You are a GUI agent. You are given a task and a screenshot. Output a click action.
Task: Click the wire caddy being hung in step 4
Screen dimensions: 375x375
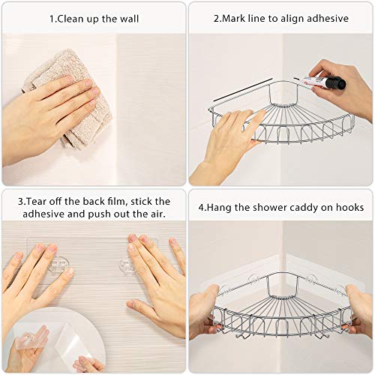(x=281, y=307)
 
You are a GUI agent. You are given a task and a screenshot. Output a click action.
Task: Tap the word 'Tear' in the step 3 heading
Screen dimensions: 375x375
(x=35, y=201)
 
